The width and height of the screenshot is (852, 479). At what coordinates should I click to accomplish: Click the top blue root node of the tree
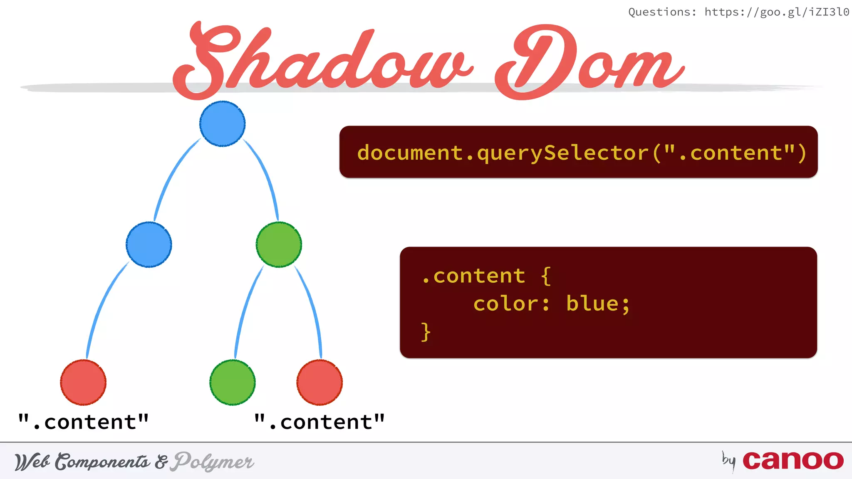222,123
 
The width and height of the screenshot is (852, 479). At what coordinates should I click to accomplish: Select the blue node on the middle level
149,244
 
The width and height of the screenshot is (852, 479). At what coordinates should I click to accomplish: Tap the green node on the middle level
279,244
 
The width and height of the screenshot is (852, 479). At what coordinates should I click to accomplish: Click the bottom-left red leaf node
83,383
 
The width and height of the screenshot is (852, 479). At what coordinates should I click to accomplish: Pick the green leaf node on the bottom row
232,383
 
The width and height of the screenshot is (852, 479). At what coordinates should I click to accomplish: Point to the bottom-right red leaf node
319,383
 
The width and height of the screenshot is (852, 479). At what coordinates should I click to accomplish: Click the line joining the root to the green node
265,175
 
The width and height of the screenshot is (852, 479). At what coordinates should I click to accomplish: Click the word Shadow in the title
320,60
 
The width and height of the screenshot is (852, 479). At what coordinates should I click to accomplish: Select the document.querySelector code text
582,153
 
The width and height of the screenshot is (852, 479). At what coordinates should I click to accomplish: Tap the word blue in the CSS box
592,304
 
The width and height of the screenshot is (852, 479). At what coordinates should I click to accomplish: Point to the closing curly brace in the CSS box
425,332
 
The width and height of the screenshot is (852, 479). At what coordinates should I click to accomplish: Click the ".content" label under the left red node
83,422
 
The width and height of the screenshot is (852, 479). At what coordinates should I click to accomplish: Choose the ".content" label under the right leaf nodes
319,422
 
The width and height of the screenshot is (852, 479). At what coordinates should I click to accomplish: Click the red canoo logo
793,461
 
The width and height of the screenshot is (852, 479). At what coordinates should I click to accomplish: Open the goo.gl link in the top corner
776,12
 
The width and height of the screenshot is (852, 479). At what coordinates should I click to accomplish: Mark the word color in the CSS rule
505,304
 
